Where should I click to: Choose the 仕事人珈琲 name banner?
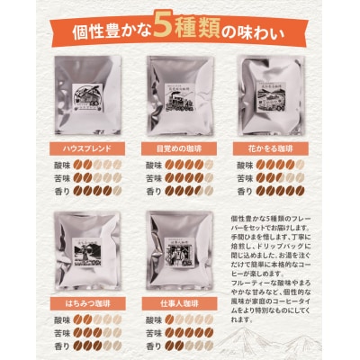tap(177, 307)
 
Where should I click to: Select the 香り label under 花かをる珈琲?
tap(244, 191)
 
